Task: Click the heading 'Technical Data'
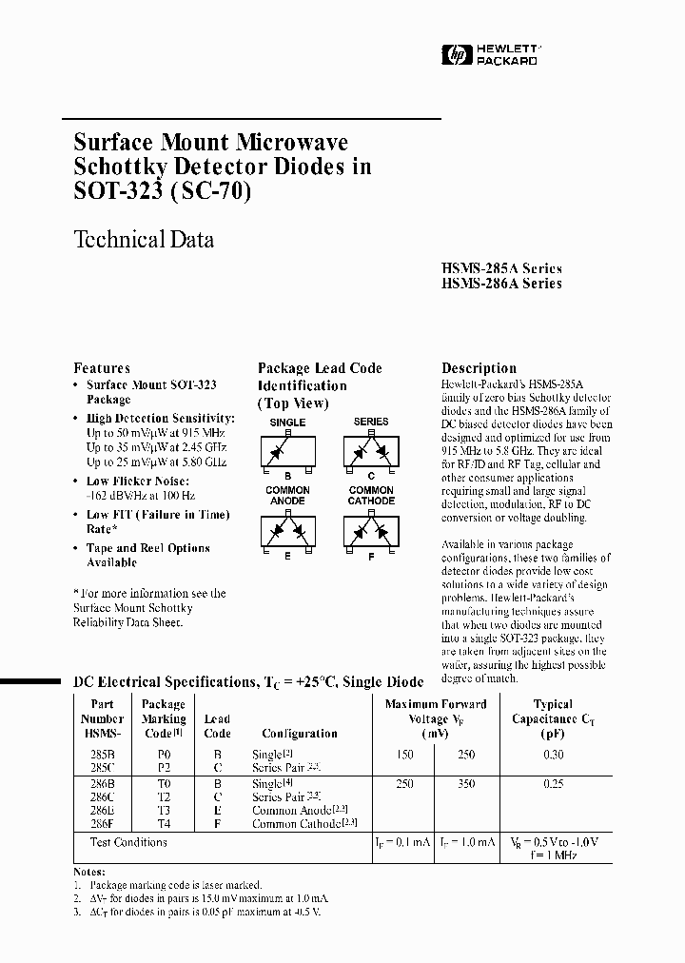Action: (144, 239)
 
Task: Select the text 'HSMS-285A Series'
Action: (501, 268)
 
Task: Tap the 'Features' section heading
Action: (102, 368)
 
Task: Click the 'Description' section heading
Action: (479, 368)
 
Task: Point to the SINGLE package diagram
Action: (287, 450)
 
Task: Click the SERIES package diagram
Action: (371, 450)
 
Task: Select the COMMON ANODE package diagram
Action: (287, 528)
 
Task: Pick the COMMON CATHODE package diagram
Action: (371, 528)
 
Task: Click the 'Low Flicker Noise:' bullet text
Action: (137, 481)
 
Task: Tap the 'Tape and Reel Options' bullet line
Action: (147, 548)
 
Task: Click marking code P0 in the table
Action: (163, 755)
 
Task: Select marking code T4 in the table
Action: (163, 823)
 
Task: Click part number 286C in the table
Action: (103, 796)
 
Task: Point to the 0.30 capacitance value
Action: (553, 755)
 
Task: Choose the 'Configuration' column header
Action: (300, 734)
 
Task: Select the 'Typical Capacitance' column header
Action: (553, 718)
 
